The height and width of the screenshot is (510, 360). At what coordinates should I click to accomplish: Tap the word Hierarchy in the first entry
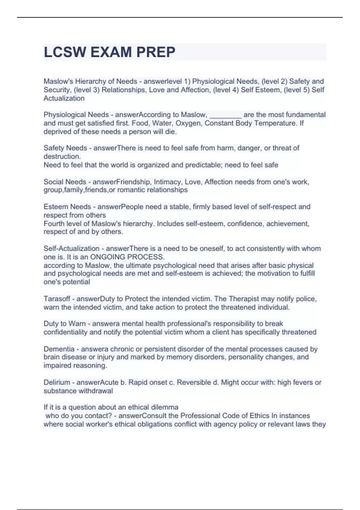coord(94,81)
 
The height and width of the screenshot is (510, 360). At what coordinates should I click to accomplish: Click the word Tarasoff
coord(57,299)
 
